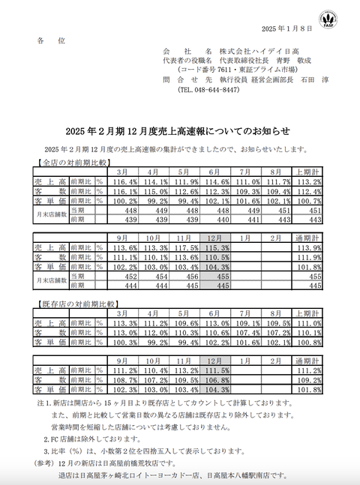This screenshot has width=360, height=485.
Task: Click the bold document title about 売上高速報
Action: (179, 127)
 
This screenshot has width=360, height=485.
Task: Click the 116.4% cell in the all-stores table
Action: (124, 181)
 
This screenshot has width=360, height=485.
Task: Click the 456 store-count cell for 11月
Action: (187, 276)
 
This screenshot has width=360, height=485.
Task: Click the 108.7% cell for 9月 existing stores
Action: (124, 380)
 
